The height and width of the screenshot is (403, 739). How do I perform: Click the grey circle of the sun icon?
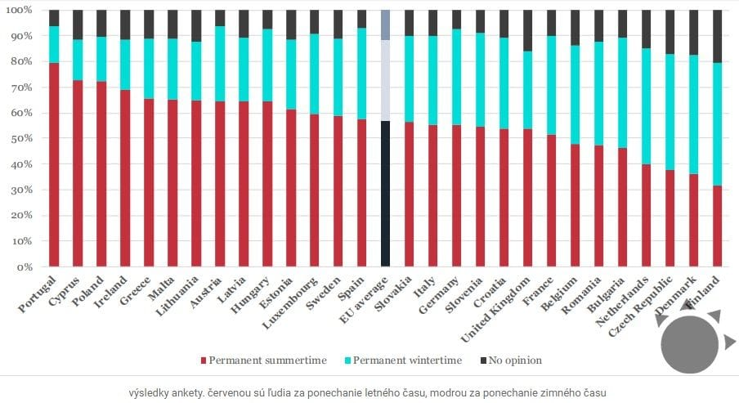click(x=688, y=346)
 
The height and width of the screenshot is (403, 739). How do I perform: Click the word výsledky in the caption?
click(x=149, y=392)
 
